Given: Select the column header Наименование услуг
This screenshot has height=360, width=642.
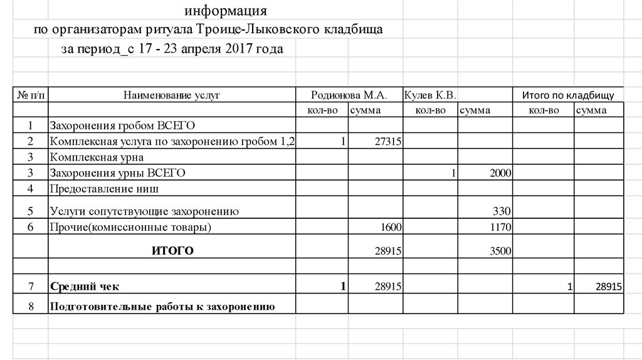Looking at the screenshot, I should (172, 95).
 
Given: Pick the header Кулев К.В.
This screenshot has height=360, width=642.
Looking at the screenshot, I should (430, 95).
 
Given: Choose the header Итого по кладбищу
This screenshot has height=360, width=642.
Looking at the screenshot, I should (568, 95).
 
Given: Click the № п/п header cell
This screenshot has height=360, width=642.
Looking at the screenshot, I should (30, 95).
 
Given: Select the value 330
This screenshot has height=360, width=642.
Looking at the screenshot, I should (502, 211).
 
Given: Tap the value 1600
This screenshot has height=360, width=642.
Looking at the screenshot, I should (390, 227).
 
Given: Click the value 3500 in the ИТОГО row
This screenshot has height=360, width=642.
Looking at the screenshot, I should (500, 251).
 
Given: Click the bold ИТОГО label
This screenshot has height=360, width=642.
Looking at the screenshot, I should (172, 251).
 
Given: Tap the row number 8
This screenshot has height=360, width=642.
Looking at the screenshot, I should (30, 307).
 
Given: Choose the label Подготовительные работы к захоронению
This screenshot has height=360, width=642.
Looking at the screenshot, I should (162, 307).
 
